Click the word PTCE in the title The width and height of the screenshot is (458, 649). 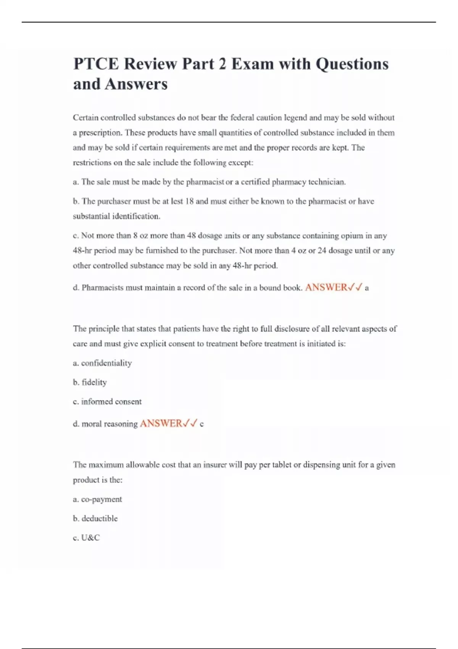(96, 64)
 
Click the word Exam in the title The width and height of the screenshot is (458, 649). (253, 64)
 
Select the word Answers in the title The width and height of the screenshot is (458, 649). (136, 84)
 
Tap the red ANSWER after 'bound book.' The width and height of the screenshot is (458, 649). (326, 287)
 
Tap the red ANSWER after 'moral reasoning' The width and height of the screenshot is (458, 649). (161, 423)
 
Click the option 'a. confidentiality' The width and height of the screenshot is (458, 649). (102, 363)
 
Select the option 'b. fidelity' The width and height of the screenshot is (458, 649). (90, 382)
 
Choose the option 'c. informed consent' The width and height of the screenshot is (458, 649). (107, 402)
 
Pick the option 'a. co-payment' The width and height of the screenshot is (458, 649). (97, 499)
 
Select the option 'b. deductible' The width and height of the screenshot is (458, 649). (95, 518)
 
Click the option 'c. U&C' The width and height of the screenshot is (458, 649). (86, 538)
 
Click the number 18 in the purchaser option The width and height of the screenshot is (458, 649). (189, 201)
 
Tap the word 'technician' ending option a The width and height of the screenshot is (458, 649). (327, 182)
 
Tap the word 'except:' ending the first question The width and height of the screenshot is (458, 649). (241, 163)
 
